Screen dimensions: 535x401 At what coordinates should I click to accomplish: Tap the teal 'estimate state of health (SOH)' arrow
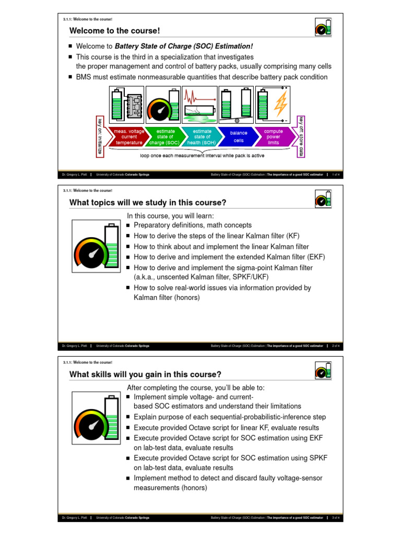point(201,137)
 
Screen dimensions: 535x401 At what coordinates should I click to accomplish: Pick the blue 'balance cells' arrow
point(238,137)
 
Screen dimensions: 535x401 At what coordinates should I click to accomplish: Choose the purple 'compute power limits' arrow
point(274,137)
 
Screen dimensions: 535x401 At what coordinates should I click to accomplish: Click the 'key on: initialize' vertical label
point(100,136)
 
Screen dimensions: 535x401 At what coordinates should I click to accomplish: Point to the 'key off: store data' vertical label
point(301,136)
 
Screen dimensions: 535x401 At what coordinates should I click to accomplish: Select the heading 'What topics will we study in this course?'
point(148,202)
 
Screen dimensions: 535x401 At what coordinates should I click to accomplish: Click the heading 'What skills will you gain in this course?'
point(145,374)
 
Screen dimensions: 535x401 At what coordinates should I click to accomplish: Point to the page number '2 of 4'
point(336,346)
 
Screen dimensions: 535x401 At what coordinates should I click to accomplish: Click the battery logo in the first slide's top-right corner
point(323,27)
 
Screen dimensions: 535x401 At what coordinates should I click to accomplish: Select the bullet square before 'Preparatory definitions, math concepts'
point(128,225)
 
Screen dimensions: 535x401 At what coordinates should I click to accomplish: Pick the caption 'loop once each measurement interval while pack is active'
point(202,156)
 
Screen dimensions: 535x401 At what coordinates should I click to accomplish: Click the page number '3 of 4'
point(336,518)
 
